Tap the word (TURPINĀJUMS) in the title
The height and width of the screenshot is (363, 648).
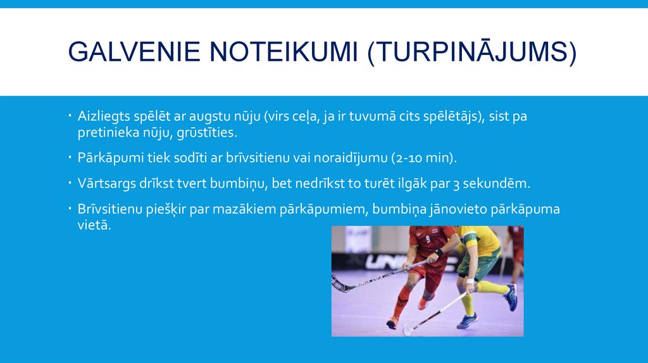click(x=472, y=51)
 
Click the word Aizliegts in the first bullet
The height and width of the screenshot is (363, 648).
click(x=103, y=116)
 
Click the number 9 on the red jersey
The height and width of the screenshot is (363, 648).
click(x=428, y=240)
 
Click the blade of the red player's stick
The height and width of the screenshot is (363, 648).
click(x=339, y=286)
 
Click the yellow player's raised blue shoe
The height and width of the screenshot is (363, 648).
click(x=511, y=297)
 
